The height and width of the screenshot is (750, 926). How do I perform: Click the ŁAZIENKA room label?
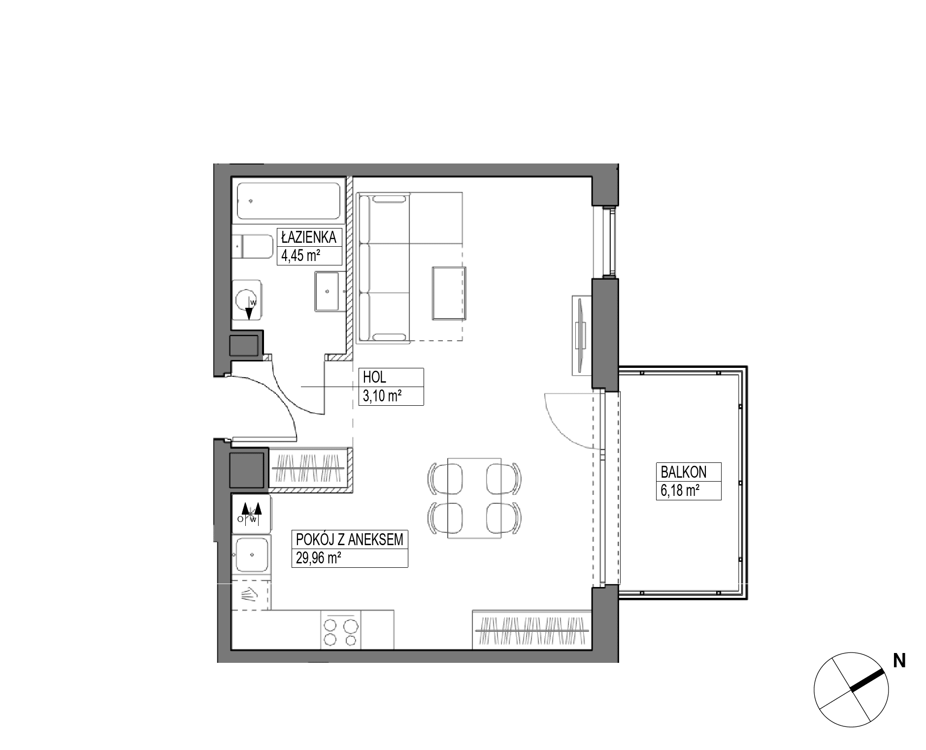[x=308, y=237]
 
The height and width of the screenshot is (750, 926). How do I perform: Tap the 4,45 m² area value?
[x=300, y=256]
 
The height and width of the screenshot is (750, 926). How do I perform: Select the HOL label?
[x=374, y=378]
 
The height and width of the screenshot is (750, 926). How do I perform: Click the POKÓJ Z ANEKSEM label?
[x=349, y=540]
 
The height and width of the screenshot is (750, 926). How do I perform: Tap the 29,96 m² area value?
[x=319, y=558]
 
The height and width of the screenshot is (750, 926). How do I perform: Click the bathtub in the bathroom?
[x=288, y=201]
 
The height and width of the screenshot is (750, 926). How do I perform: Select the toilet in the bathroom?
[x=253, y=246]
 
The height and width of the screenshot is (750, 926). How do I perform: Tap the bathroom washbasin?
[x=327, y=291]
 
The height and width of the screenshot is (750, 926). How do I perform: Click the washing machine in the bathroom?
[x=247, y=300]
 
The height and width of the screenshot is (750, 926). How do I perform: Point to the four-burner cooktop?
[x=340, y=632]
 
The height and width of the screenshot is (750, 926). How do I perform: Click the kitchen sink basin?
[x=252, y=554]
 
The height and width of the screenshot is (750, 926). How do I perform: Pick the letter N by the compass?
[x=899, y=661]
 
